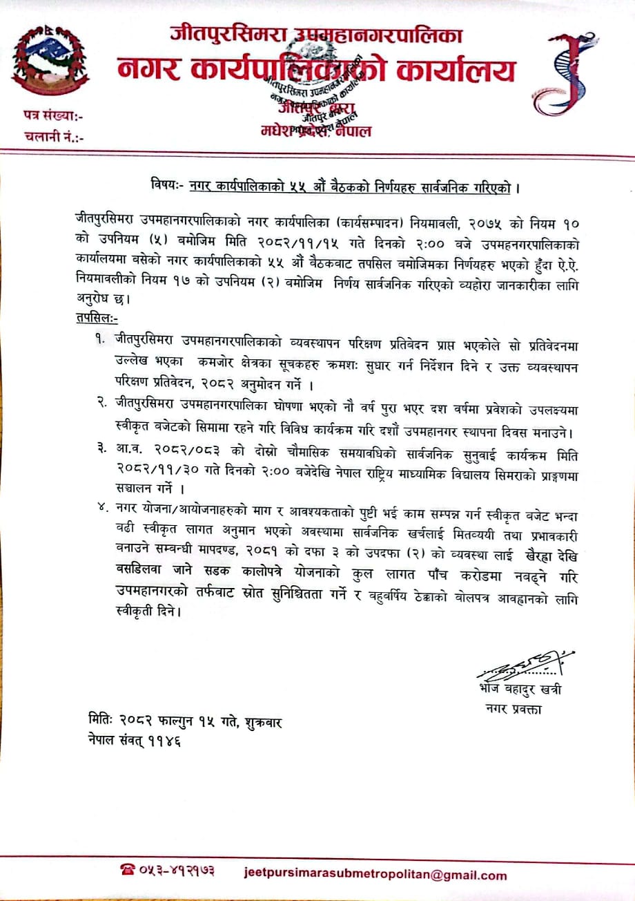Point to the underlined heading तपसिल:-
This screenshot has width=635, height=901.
click(97, 319)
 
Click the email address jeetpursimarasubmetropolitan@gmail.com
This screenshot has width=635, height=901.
click(375, 874)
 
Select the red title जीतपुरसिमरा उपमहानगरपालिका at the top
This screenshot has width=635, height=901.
click(317, 35)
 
